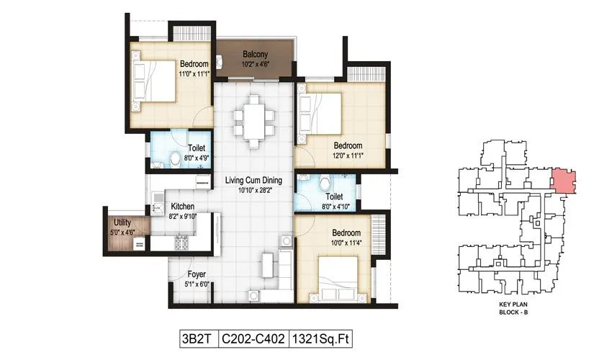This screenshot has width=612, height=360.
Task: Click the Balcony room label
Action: click(255, 55)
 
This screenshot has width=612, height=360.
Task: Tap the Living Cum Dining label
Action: click(253, 180)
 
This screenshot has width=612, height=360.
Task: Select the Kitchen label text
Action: click(183, 206)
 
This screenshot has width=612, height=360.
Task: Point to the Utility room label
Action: click(121, 223)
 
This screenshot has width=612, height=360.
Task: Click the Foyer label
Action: click(197, 274)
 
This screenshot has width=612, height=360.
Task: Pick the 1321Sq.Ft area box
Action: click(321, 337)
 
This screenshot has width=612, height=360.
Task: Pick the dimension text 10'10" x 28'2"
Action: click(253, 190)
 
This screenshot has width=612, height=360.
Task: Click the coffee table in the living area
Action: click(266, 264)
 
